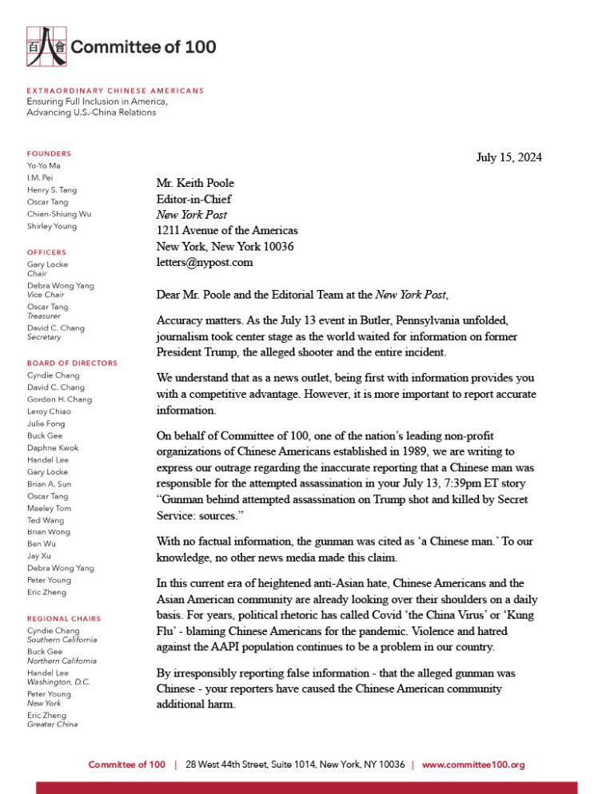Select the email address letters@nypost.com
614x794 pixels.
click(204, 262)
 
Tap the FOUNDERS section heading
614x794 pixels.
click(49, 153)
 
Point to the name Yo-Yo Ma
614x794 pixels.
click(44, 165)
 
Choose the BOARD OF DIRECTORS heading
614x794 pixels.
click(72, 363)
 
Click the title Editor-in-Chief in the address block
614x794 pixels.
click(193, 199)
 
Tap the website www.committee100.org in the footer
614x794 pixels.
click(472, 764)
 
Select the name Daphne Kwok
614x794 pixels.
click(53, 448)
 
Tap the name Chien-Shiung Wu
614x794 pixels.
click(58, 214)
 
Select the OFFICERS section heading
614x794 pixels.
click(47, 252)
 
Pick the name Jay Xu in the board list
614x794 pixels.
click(40, 556)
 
